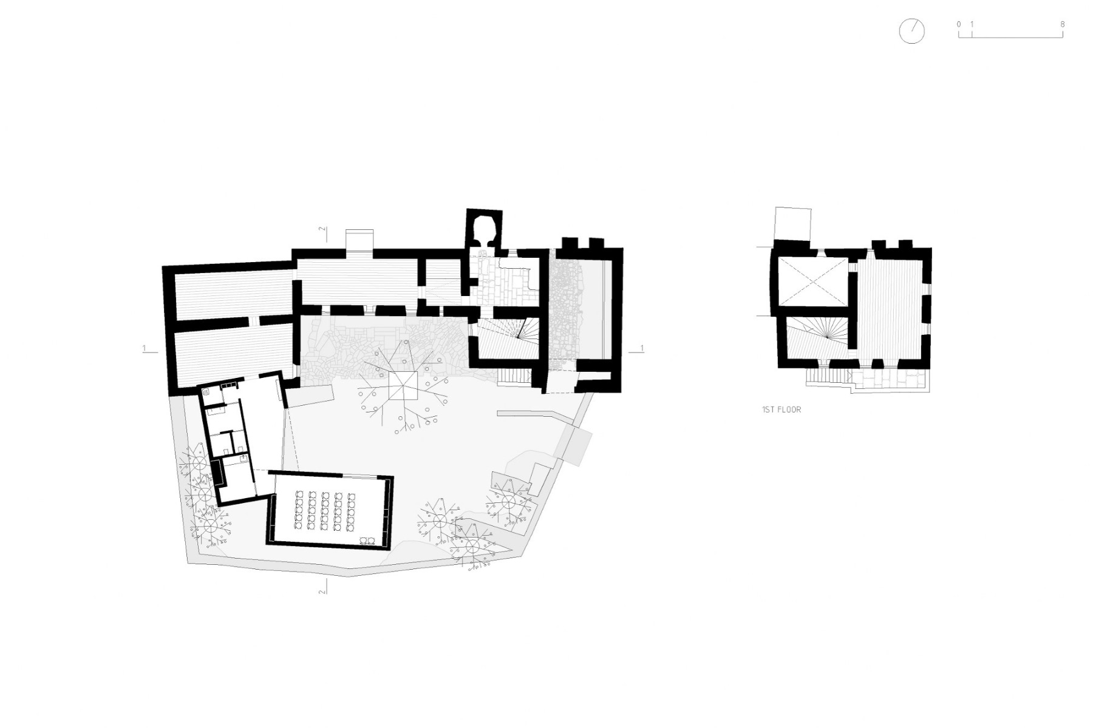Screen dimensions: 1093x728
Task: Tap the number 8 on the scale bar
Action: pyautogui.click(x=1062, y=24)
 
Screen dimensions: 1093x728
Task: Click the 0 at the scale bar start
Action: pyautogui.click(x=959, y=24)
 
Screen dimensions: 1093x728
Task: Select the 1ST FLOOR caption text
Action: pyautogui.click(x=781, y=409)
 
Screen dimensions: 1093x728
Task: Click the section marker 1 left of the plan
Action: pyautogui.click(x=145, y=348)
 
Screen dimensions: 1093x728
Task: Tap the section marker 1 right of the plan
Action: pyautogui.click(x=642, y=348)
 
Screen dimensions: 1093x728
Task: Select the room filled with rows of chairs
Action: pyautogui.click(x=329, y=510)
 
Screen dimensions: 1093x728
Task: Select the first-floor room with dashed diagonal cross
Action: pyautogui.click(x=813, y=281)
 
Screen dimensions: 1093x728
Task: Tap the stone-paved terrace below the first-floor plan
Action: pyautogui.click(x=889, y=380)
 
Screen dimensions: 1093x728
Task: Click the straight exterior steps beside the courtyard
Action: pyautogui.click(x=515, y=377)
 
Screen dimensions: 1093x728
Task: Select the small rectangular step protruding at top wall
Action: pyautogui.click(x=359, y=240)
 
